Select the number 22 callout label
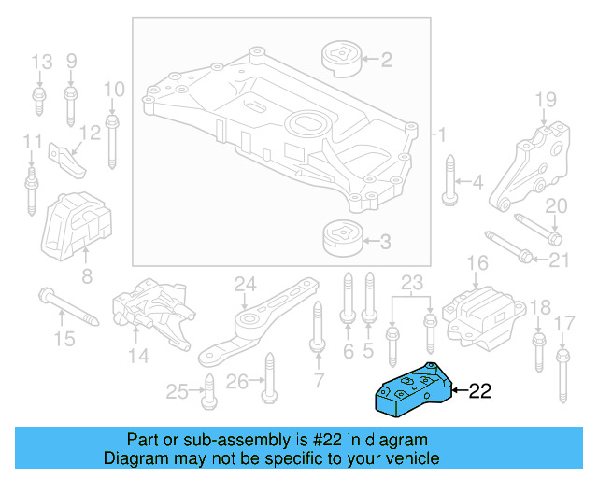click(x=479, y=391)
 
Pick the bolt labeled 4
click(x=449, y=184)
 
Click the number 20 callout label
click(x=556, y=205)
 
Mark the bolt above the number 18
click(x=538, y=349)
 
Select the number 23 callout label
click(x=412, y=282)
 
